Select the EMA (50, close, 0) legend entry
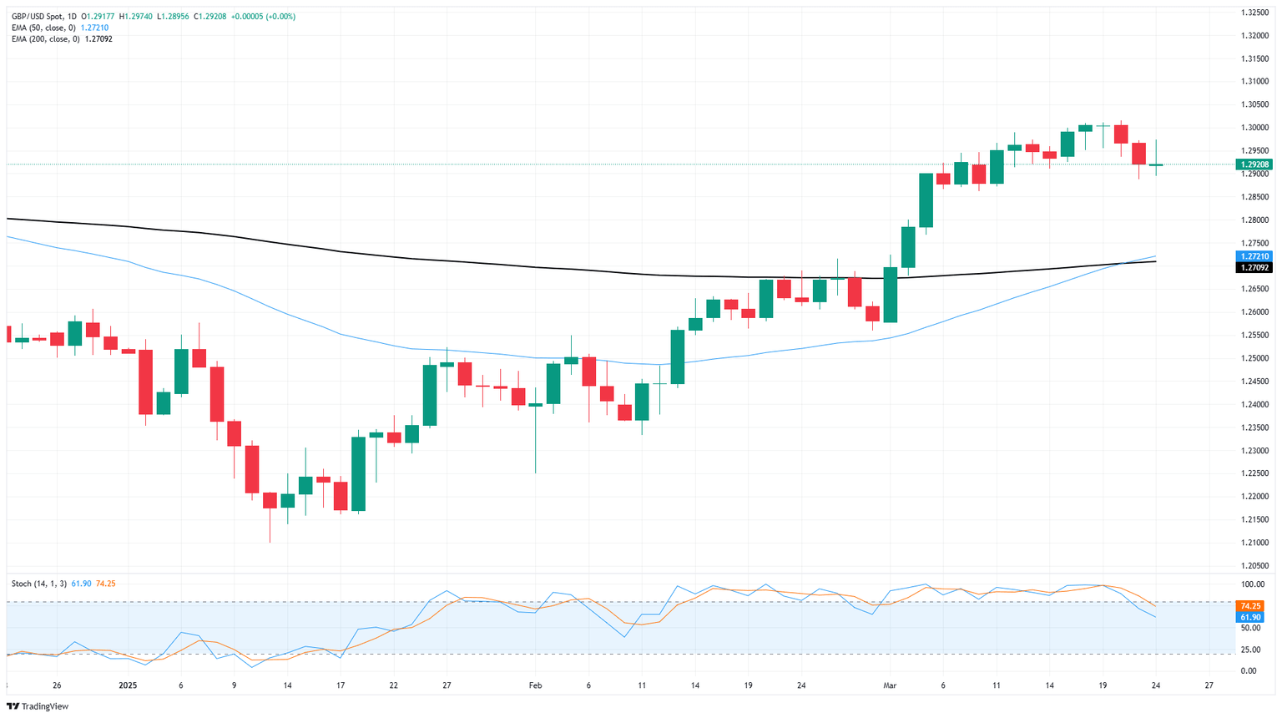[x=43, y=28]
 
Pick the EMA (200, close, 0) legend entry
[x=45, y=39]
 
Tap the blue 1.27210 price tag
[x=1254, y=256]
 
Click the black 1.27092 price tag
[x=1254, y=268]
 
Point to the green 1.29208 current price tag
[x=1254, y=164]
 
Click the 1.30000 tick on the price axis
[x=1254, y=128]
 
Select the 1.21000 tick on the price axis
[x=1254, y=543]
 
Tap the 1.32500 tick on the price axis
[x=1254, y=13]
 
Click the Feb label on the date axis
[x=535, y=685]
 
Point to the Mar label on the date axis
[x=890, y=685]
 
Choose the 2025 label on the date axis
[x=127, y=685]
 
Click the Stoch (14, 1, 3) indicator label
[x=39, y=584]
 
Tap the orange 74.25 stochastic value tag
[x=1250, y=606]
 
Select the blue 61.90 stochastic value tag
[x=1250, y=618]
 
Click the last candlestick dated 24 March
[x=1156, y=164]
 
